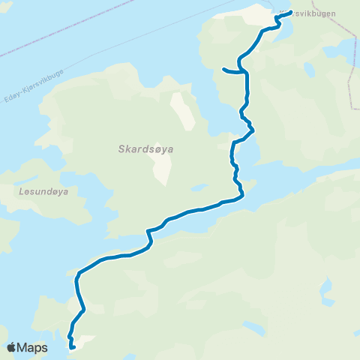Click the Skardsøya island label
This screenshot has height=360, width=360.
click(x=146, y=149)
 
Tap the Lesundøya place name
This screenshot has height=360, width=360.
click(x=41, y=191)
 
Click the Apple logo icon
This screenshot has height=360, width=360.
click(x=12, y=348)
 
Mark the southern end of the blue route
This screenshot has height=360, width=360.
click(x=72, y=347)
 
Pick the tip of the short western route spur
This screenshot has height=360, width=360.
click(x=223, y=70)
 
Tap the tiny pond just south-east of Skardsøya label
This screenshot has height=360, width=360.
click(x=199, y=187)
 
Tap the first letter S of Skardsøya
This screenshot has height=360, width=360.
click(x=121, y=149)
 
